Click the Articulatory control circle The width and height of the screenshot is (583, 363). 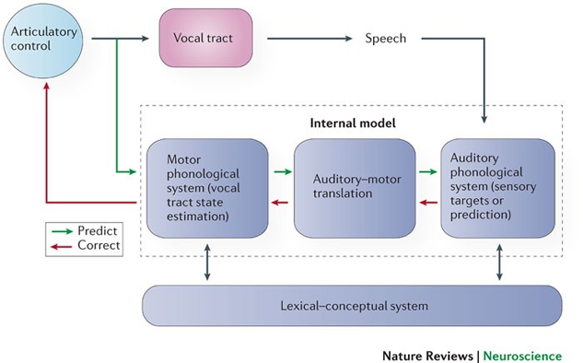point(43,41)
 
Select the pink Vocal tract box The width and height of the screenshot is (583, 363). point(206,38)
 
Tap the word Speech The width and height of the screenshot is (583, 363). point(386,38)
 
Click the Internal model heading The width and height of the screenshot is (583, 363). point(352,123)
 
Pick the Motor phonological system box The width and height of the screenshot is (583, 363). point(207,188)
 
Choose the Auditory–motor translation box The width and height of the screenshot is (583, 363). point(355,188)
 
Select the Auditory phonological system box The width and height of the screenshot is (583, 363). point(498,188)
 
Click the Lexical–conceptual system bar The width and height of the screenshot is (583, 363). point(352,306)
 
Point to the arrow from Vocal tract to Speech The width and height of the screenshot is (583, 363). point(309,38)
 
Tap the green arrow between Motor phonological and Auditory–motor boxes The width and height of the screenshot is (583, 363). point(283,172)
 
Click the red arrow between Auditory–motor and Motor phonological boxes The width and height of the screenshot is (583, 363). point(280,202)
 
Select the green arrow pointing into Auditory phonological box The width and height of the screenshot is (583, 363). point(428,172)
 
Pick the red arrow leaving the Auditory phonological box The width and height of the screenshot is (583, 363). point(428,202)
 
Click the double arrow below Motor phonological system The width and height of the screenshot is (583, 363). point(207,262)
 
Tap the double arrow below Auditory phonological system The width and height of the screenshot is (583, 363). point(500,262)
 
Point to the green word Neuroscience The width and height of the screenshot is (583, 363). point(522,356)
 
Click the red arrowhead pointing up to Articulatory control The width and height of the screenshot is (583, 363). point(47,87)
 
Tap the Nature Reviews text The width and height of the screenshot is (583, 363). point(427,356)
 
